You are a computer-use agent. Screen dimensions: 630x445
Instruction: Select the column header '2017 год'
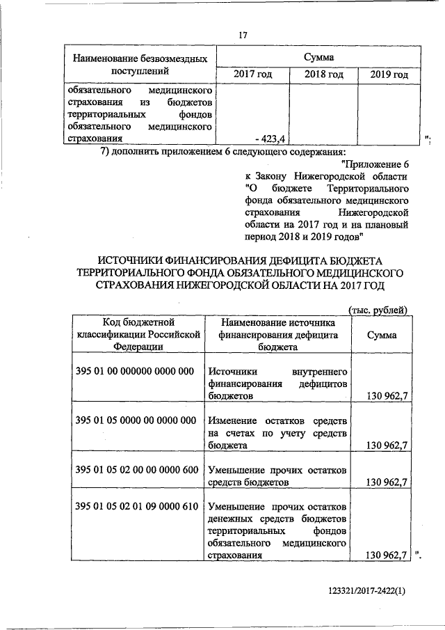(250, 74)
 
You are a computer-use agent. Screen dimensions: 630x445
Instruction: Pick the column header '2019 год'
(389, 74)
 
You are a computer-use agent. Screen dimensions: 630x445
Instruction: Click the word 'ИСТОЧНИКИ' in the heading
(139, 260)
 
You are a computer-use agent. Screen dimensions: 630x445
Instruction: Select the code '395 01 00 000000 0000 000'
(134, 371)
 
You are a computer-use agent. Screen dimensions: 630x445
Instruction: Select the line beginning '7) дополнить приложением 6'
(222, 152)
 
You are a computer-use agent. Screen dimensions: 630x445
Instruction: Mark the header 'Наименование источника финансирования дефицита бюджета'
(277, 334)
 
